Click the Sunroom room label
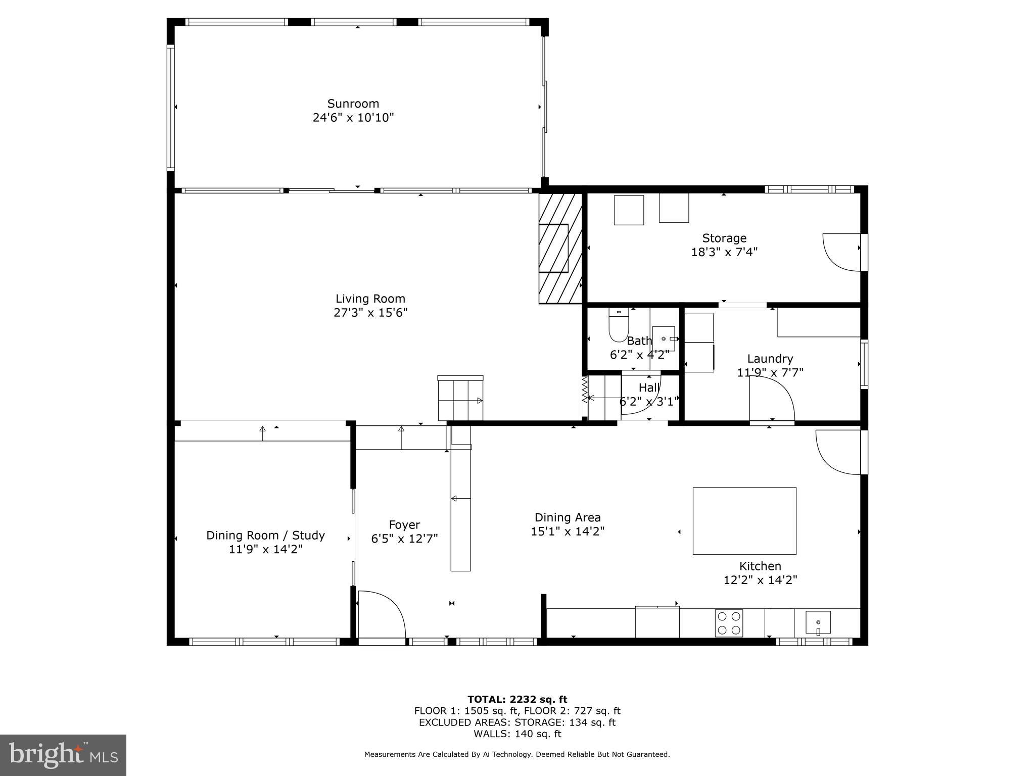[353, 104]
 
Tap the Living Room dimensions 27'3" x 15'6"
[370, 313]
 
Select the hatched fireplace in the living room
[560, 248]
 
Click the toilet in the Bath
[618, 325]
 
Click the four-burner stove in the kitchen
[729, 623]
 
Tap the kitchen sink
[818, 623]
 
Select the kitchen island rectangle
[744, 520]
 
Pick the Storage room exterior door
[842, 252]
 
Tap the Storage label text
[724, 238]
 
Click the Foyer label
[404, 525]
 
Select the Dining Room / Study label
[265, 536]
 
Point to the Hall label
[649, 388]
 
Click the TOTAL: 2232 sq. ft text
[517, 699]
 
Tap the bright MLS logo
[63, 755]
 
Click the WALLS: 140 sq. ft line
[517, 734]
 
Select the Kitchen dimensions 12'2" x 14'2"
[760, 580]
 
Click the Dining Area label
[568, 517]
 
